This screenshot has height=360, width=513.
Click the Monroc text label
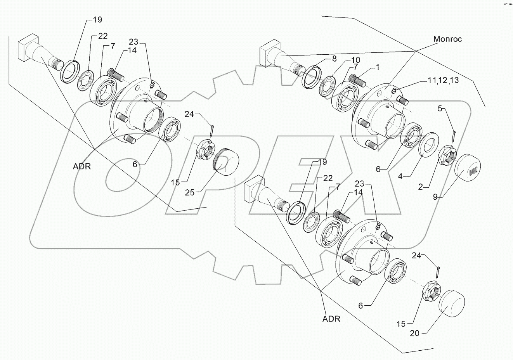pos(447,39)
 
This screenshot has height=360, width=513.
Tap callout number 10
pos(355,60)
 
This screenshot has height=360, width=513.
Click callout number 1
pos(378,67)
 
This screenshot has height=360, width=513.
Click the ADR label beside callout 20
pos(331,319)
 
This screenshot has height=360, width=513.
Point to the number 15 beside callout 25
pos(176,182)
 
